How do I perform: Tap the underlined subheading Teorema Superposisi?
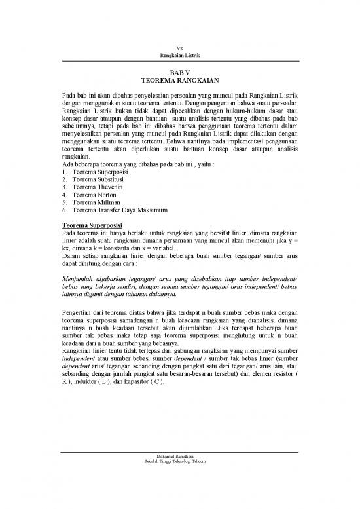tap(90, 225)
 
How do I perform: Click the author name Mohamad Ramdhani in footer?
tap(179, 455)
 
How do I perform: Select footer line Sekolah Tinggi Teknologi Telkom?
tap(179, 462)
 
